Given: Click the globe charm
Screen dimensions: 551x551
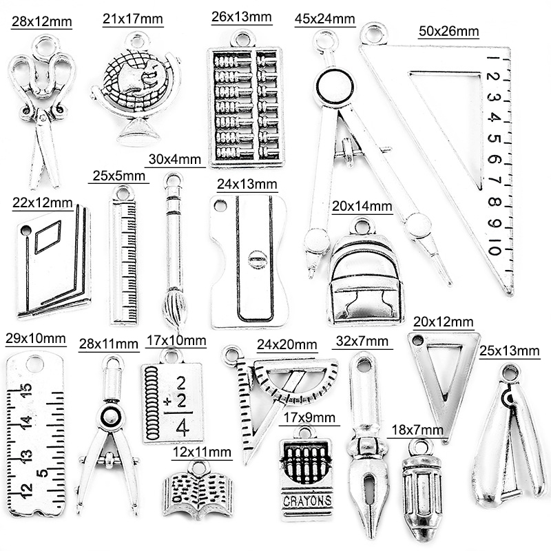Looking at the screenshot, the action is tap(136, 90).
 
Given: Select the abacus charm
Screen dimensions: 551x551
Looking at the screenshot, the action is tap(245, 103).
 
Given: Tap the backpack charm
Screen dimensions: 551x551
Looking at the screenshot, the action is tap(364, 275).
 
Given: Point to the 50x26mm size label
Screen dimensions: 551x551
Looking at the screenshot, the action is tap(449, 31).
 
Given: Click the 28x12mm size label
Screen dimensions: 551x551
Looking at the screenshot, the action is tap(41, 23).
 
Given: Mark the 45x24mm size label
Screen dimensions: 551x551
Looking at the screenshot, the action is tap(325, 19).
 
